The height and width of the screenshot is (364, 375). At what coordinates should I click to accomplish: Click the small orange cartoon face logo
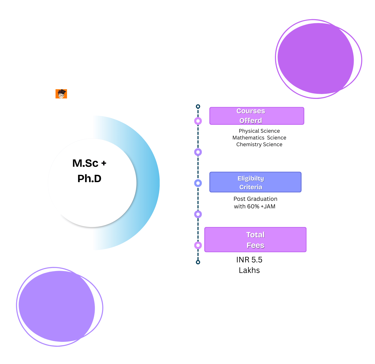click(61, 94)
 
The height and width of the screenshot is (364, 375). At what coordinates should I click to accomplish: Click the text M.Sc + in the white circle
click(89, 163)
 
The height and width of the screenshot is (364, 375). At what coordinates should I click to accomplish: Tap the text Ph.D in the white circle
click(89, 179)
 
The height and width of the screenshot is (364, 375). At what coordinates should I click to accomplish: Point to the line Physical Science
click(259, 131)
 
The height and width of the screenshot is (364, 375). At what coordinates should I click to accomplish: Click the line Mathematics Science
click(259, 138)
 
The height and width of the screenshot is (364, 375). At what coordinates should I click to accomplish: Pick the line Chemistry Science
click(259, 145)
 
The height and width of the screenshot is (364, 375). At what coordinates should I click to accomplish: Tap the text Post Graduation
click(255, 199)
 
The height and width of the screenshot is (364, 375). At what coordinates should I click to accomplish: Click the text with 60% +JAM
click(255, 206)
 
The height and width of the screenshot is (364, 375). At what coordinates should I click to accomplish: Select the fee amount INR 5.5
click(249, 260)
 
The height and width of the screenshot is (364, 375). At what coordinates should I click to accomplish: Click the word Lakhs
click(249, 270)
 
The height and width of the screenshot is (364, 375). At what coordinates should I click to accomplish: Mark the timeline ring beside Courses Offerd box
click(198, 121)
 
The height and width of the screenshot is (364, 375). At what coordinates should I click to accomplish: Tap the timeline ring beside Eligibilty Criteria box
click(198, 183)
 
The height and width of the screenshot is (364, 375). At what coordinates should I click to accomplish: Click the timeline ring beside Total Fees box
click(198, 245)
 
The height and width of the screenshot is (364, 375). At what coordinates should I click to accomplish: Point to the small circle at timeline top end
click(198, 106)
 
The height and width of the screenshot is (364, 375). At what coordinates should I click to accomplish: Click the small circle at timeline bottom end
click(198, 262)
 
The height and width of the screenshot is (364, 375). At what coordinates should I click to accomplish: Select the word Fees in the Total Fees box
click(255, 245)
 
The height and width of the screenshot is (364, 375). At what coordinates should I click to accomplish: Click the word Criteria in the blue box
click(251, 187)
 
